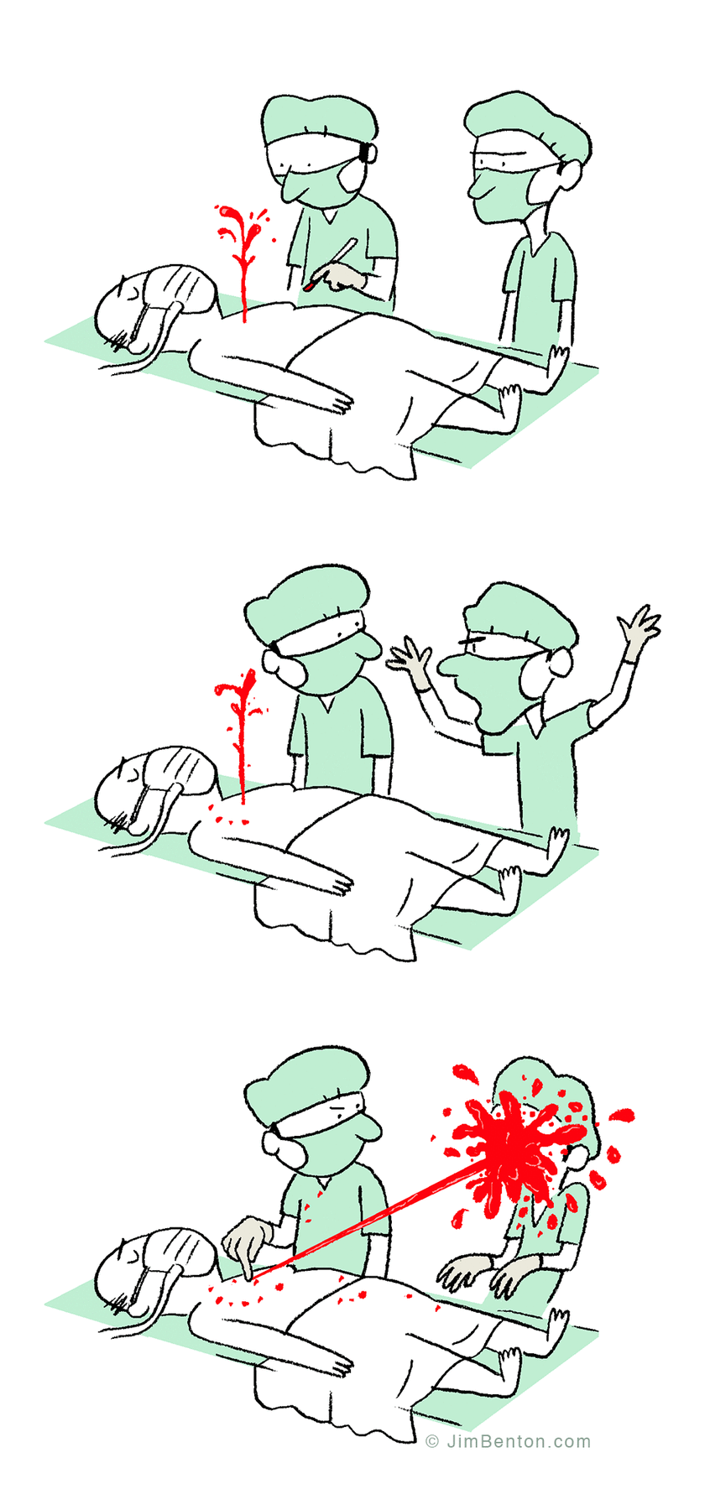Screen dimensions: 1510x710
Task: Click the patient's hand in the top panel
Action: (340, 404)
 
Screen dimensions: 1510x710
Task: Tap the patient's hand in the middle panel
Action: (340, 883)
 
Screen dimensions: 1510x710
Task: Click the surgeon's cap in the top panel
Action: (316, 117)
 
